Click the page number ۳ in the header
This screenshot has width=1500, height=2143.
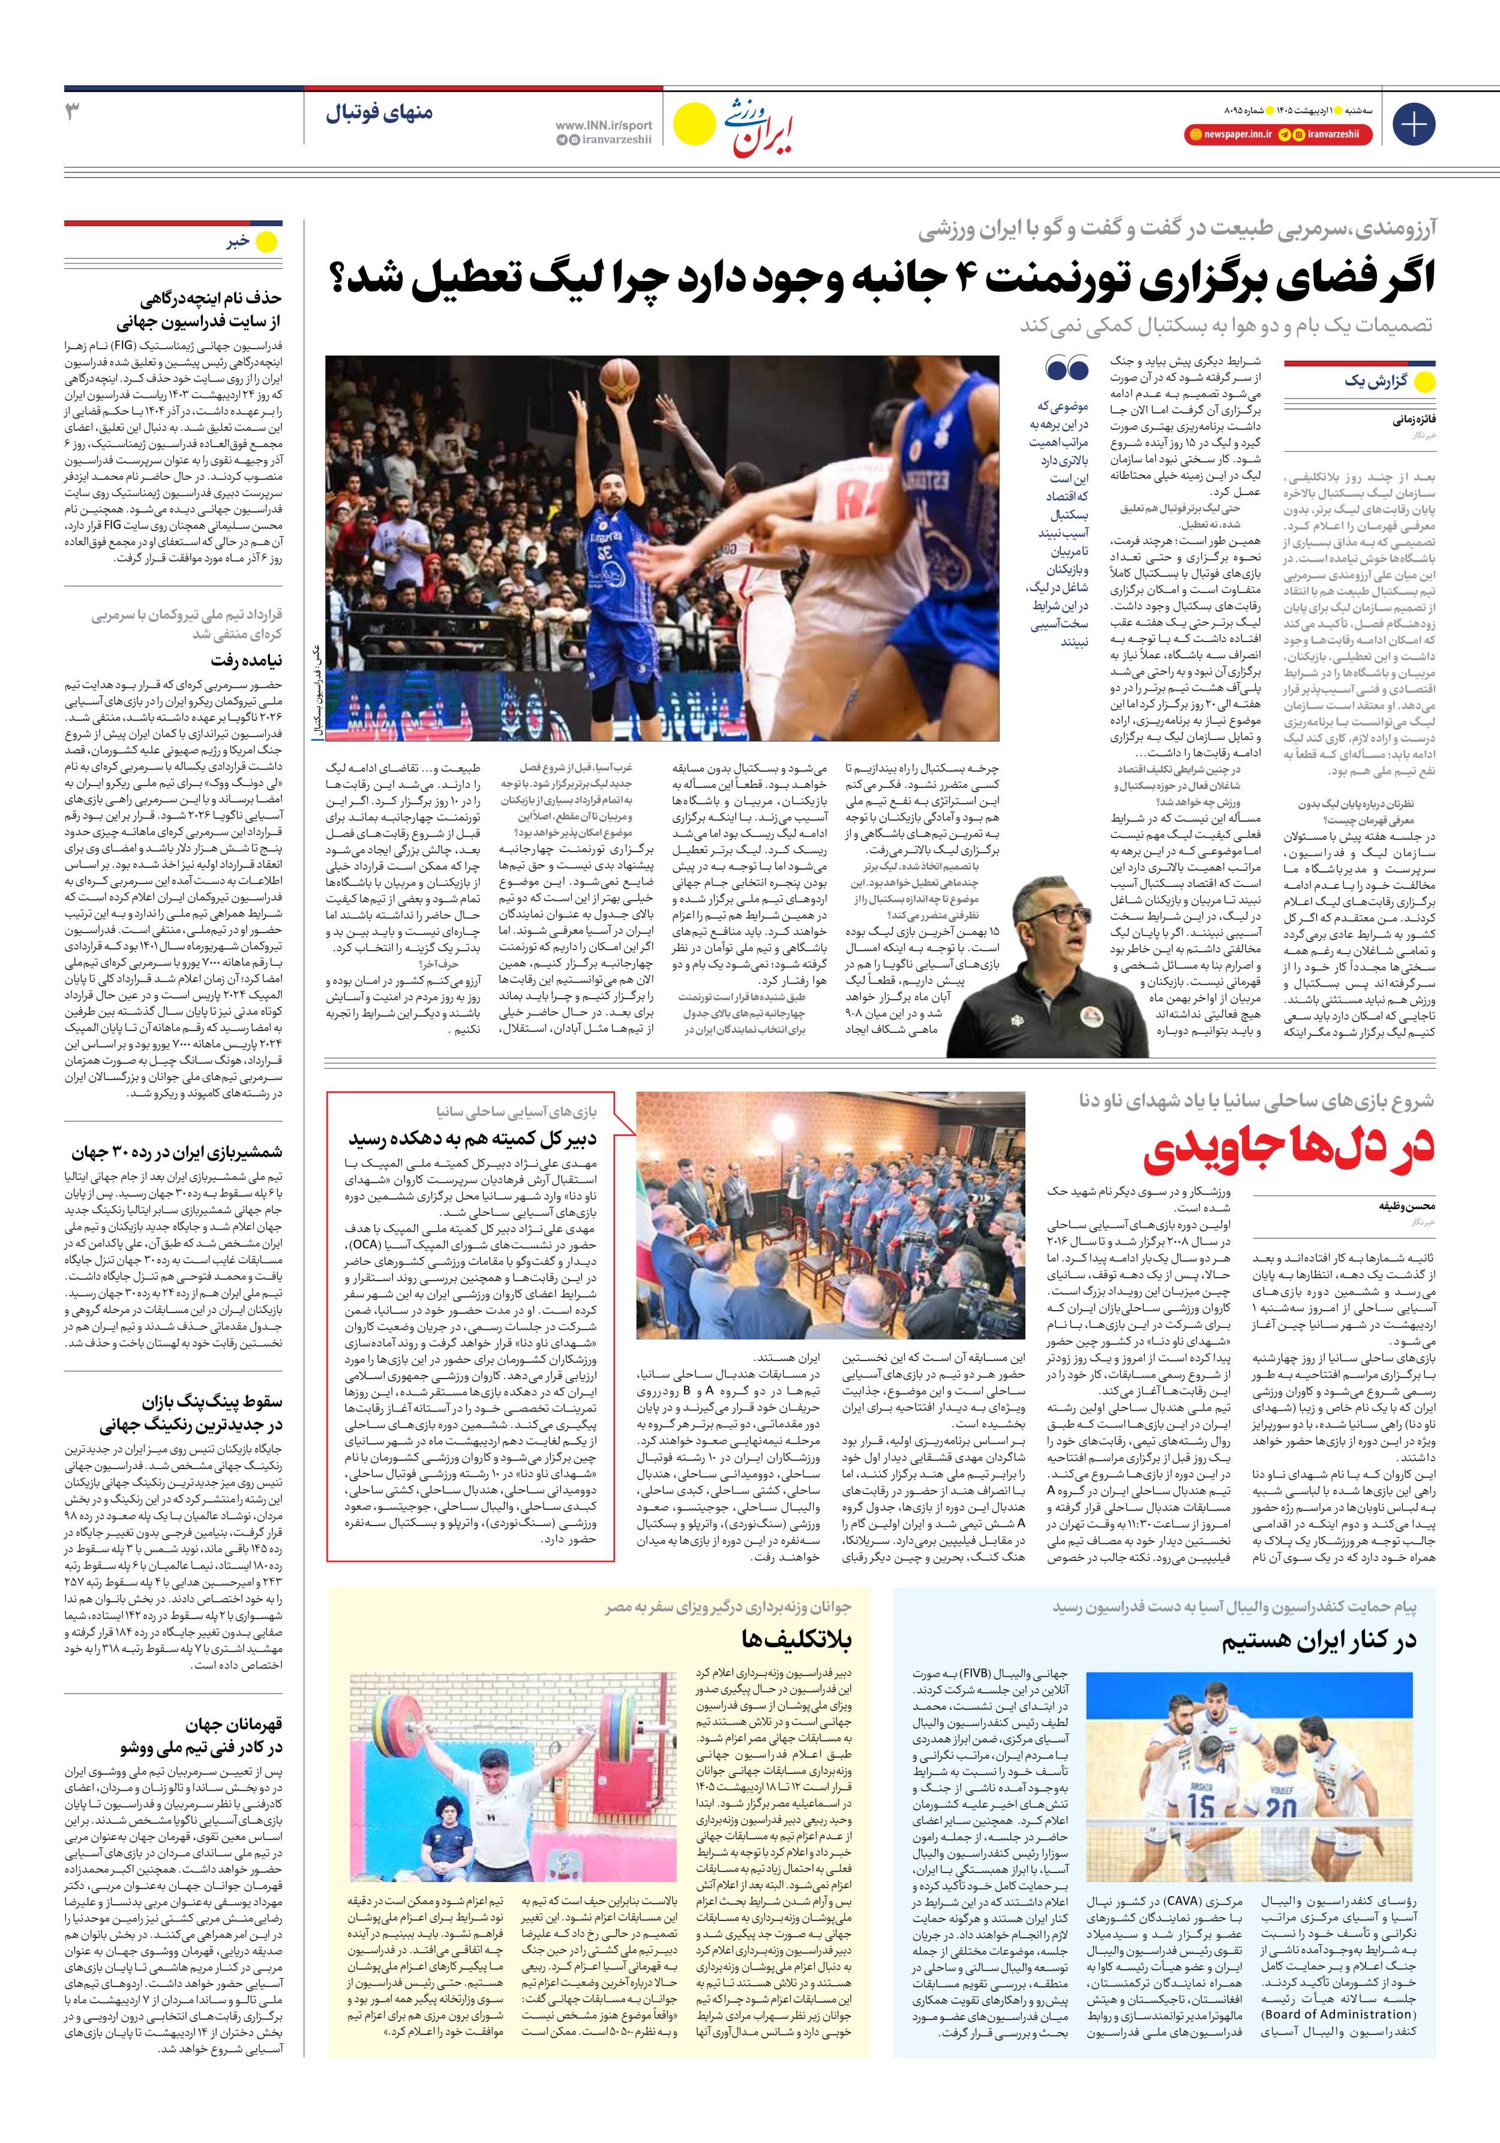73,112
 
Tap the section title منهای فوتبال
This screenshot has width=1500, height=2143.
379,113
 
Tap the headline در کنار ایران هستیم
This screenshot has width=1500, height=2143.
1318,1641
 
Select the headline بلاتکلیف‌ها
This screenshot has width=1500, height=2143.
796,1639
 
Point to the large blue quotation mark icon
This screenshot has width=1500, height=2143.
1067,368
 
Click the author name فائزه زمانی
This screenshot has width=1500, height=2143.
1414,420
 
